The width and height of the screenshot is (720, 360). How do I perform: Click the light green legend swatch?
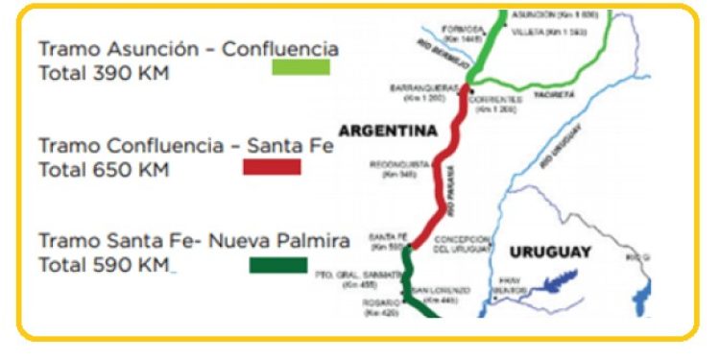click(x=300, y=67)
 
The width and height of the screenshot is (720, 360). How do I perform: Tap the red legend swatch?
click(x=272, y=167)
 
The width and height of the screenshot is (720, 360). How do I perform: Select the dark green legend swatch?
click(x=278, y=265)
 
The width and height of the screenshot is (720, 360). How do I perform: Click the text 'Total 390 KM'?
click(x=104, y=72)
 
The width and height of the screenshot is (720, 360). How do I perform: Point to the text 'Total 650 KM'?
click(x=104, y=170)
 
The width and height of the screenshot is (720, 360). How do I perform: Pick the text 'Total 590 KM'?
click(x=104, y=264)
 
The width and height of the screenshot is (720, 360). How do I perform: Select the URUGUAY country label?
click(x=550, y=252)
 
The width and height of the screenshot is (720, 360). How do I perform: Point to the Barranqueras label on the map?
click(x=420, y=88)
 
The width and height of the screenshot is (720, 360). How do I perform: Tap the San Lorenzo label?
click(x=443, y=290)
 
